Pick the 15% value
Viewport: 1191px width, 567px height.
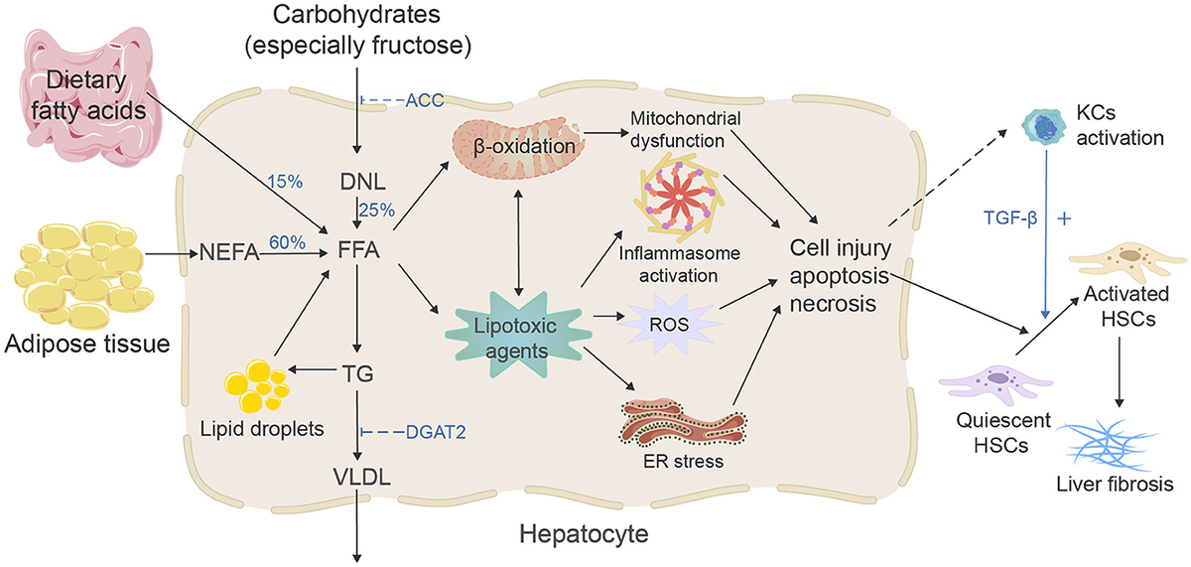click(x=286, y=183)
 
